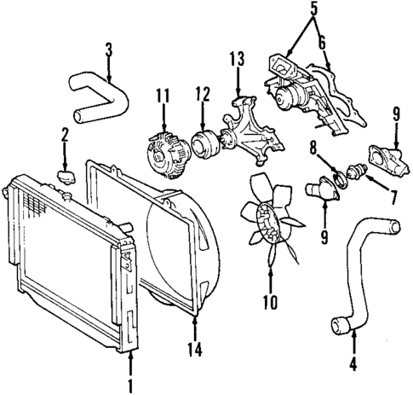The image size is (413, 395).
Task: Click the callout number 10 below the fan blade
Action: click(270, 300)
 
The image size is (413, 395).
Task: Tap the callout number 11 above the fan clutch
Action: click(161, 98)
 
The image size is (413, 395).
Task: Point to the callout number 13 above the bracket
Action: click(236, 59)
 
